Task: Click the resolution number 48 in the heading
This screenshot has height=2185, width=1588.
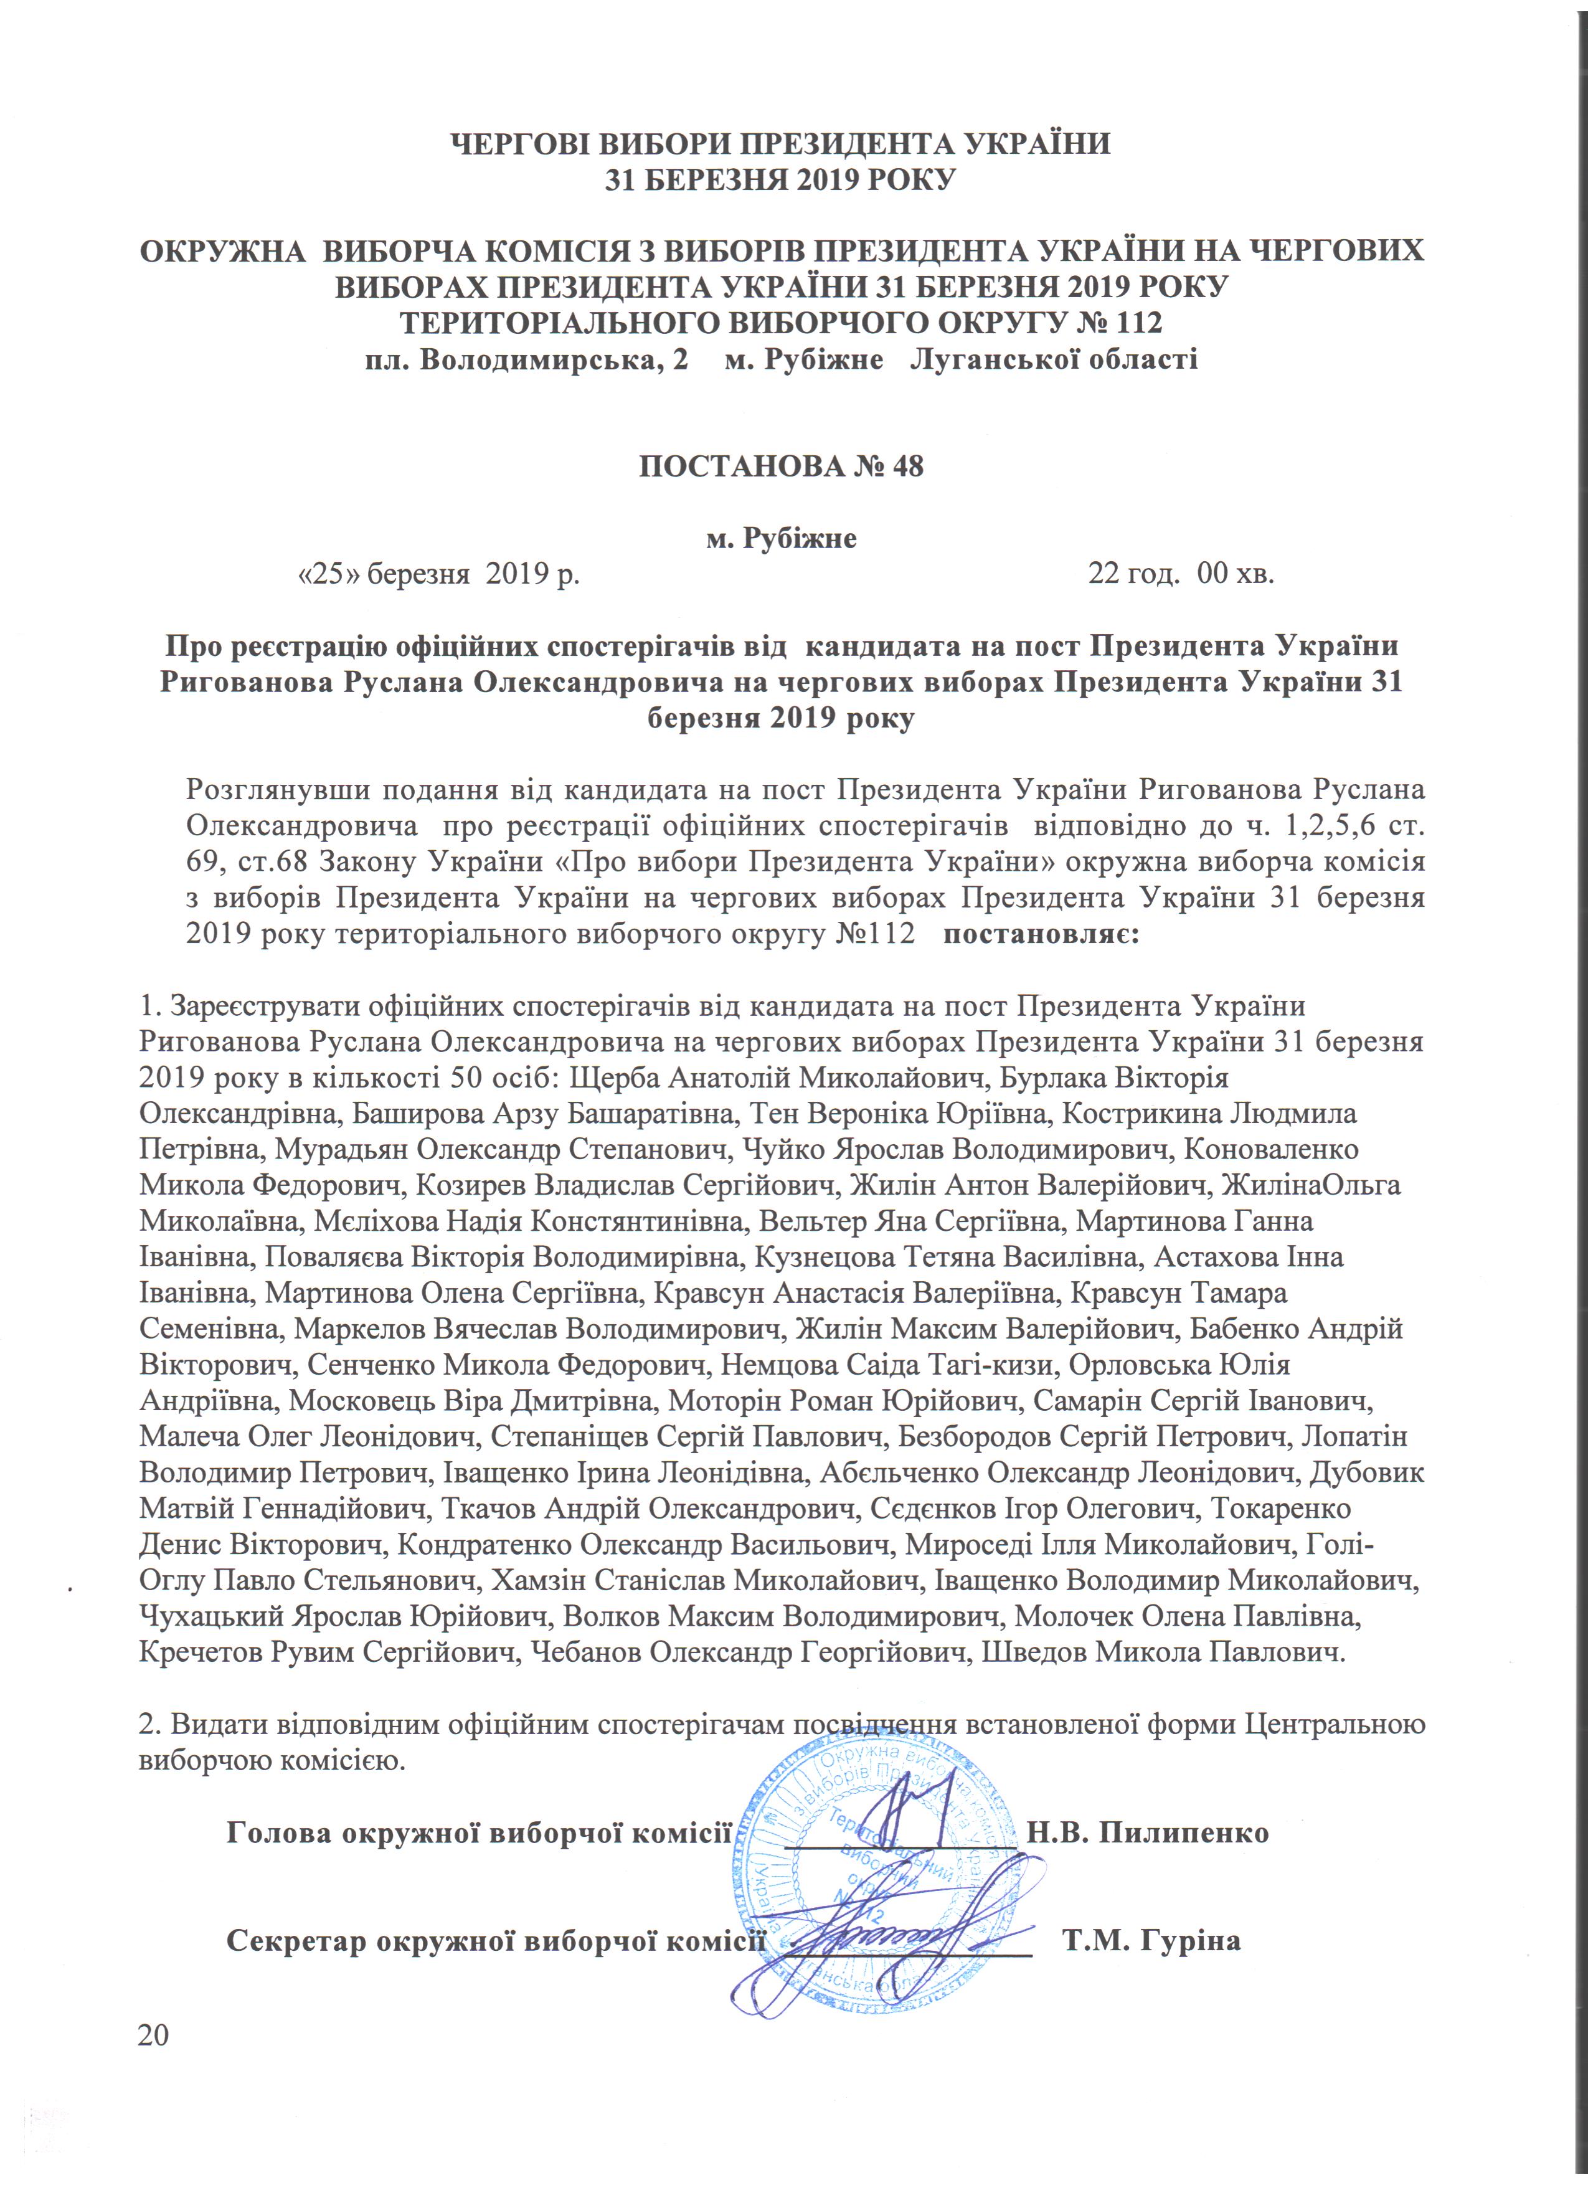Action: coord(906,467)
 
